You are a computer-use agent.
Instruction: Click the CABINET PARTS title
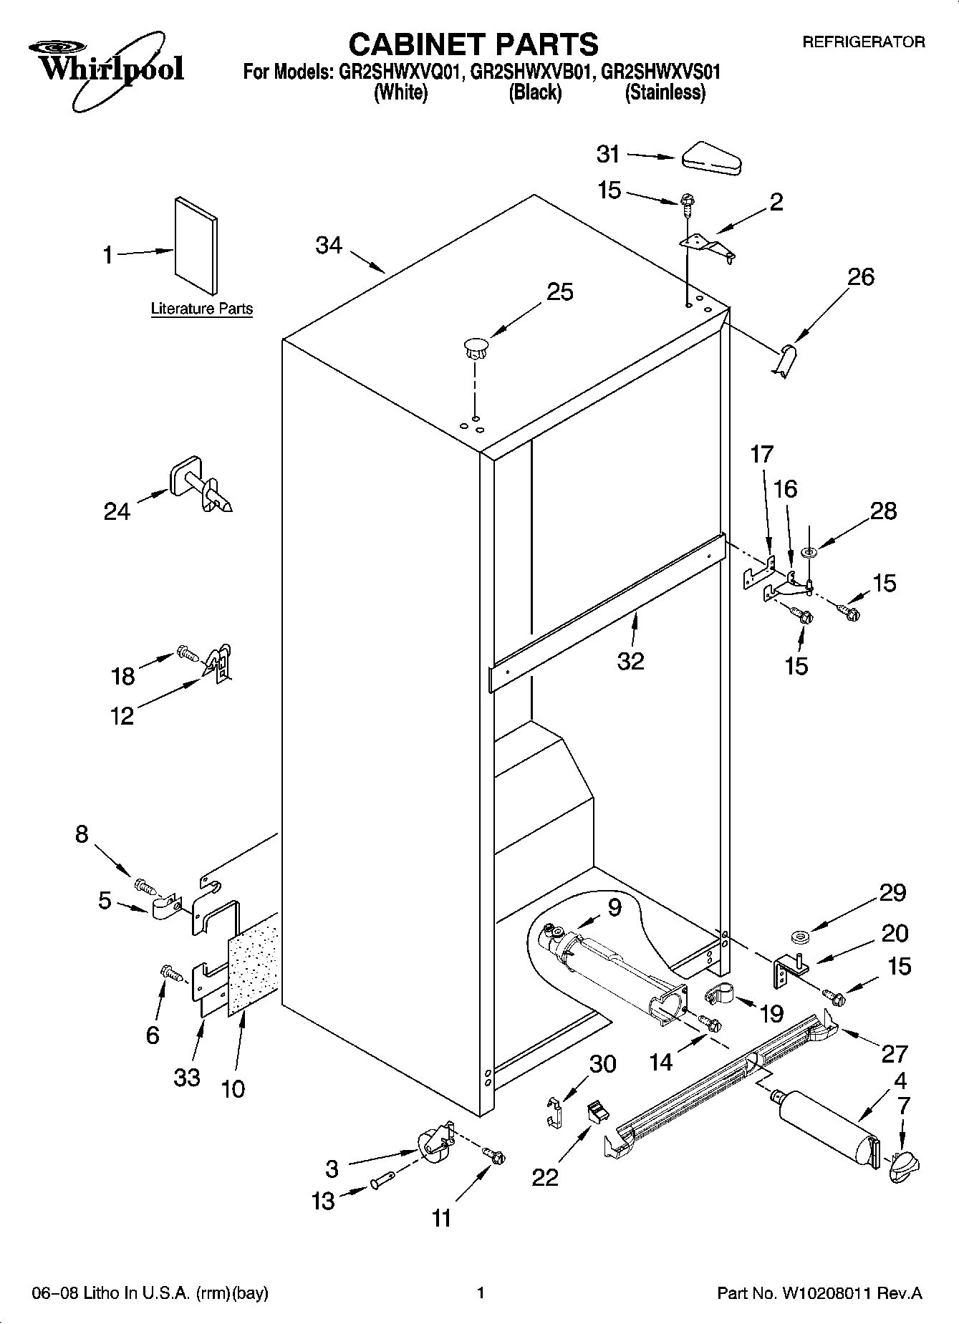click(473, 44)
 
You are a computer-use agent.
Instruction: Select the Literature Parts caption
click(201, 309)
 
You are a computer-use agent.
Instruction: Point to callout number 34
click(329, 246)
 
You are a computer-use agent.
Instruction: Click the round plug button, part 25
click(475, 349)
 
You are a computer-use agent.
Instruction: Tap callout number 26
click(861, 277)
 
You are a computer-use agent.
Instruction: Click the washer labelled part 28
click(810, 552)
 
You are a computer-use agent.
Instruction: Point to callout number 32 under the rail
click(630, 661)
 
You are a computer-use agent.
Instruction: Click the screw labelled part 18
click(186, 653)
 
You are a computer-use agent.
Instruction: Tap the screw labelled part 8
click(145, 887)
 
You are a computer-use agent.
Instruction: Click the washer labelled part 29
click(799, 937)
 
